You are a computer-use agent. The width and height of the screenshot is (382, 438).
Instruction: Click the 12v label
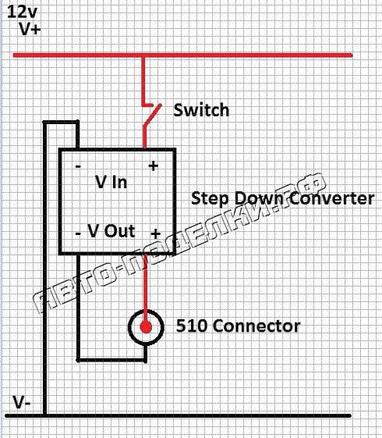pyautogui.click(x=22, y=12)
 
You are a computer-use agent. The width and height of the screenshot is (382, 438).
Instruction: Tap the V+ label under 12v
pyautogui.click(x=30, y=28)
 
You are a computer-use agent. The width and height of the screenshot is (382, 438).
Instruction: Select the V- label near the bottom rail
pyautogui.click(x=22, y=403)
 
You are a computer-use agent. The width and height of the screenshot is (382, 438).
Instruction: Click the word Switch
pyautogui.click(x=201, y=110)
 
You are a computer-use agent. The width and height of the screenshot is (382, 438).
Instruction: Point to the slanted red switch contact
pyautogui.click(x=152, y=115)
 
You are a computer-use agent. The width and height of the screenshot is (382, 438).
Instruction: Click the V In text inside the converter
pyautogui.click(x=111, y=182)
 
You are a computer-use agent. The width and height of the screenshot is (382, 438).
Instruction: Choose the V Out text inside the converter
pyautogui.click(x=111, y=231)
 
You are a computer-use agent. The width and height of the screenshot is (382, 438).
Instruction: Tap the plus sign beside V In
pyautogui.click(x=153, y=166)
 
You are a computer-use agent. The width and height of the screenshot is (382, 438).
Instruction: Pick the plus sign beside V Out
pyautogui.click(x=155, y=233)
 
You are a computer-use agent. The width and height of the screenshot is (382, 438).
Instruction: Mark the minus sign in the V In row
pyautogui.click(x=78, y=167)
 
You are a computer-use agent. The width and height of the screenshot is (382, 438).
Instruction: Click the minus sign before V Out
pyautogui.click(x=78, y=233)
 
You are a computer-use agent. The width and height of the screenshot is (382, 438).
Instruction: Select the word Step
pyautogui.click(x=210, y=198)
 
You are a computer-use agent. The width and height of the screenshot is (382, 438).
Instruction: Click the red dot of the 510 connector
pyautogui.click(x=146, y=327)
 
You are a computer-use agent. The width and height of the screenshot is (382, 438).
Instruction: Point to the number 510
pyautogui.click(x=193, y=326)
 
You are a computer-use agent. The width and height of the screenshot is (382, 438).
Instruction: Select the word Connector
pyautogui.click(x=257, y=326)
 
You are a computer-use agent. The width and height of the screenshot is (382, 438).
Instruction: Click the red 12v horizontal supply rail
pyautogui.click(x=183, y=55)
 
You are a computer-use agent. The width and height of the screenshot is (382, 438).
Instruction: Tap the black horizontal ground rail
pyautogui.click(x=178, y=415)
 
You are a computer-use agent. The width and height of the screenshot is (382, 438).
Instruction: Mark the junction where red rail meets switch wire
pyautogui.click(x=143, y=56)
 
